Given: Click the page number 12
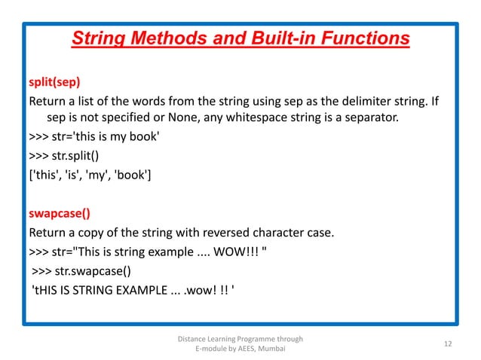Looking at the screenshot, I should pos(448,344).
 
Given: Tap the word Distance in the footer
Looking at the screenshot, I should pos(193,339).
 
